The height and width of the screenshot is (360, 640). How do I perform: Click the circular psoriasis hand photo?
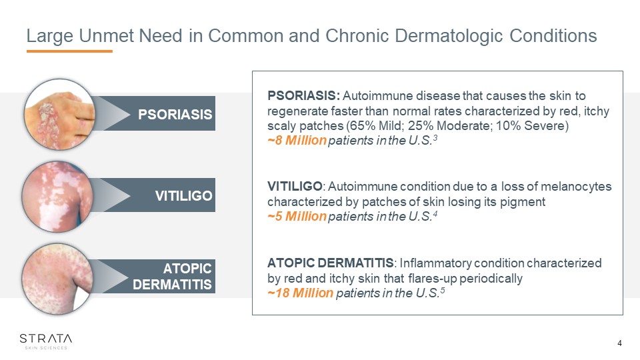coord(59,114)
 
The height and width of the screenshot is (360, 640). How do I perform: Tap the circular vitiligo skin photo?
coord(57,196)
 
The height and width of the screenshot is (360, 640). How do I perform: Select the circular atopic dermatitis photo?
coord(57,279)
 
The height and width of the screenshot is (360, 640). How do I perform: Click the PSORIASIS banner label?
coord(175,114)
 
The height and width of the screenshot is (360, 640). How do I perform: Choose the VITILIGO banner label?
coord(184,196)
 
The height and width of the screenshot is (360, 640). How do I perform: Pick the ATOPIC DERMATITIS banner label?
coord(172,276)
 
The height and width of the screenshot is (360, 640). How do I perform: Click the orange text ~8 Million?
coord(297,141)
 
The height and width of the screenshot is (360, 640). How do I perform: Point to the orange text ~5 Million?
coord(297,216)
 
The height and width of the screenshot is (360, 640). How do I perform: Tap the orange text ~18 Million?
coord(301,293)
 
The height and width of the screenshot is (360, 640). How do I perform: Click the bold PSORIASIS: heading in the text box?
coord(304,95)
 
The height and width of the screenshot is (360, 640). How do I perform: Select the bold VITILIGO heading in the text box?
coord(295,187)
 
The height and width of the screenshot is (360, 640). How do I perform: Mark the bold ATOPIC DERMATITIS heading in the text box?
coord(331,263)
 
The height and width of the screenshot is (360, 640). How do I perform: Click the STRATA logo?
coord(46,341)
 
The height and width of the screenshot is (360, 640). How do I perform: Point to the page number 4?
coord(619,343)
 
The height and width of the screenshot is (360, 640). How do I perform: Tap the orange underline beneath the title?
coord(69,51)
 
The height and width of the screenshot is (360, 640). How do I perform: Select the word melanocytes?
coord(576,187)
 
